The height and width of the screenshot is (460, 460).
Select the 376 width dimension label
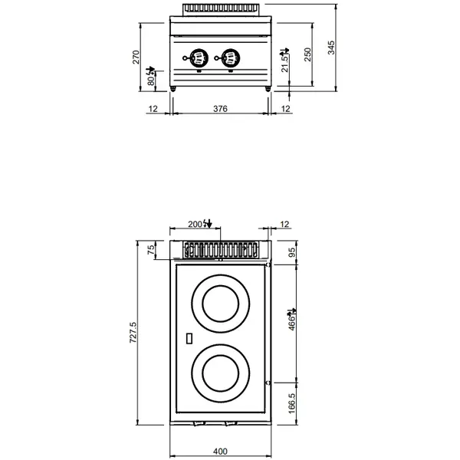pyautogui.click(x=220, y=109)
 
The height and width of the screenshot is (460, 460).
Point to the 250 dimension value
pyautogui.click(x=308, y=56)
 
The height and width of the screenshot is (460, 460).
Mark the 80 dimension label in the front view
pyautogui.click(x=151, y=77)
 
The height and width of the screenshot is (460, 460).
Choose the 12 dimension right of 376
pyautogui.click(x=285, y=109)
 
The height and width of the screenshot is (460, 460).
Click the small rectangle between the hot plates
pyautogui.click(x=190, y=337)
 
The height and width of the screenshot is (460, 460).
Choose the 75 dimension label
pyautogui.click(x=151, y=248)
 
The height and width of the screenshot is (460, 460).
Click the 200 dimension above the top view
pyautogui.click(x=197, y=224)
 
